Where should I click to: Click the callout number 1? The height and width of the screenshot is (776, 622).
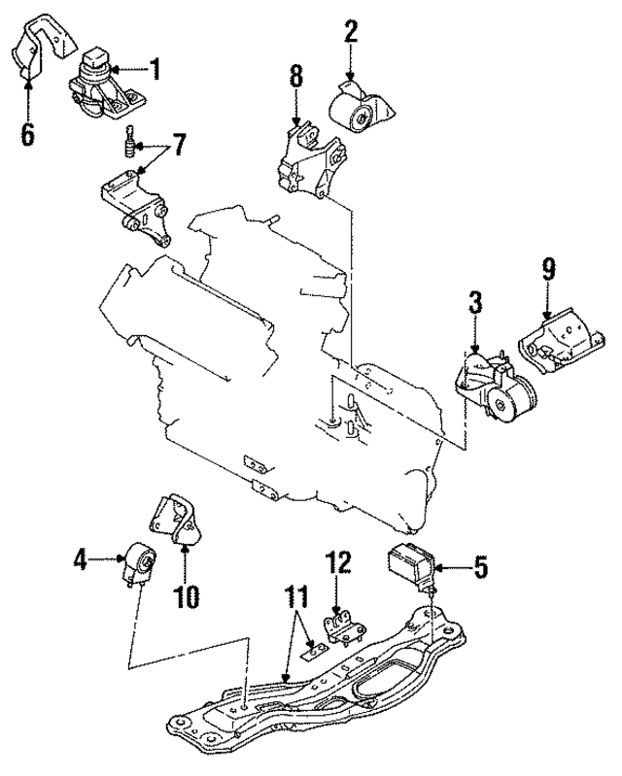pyautogui.click(x=155, y=69)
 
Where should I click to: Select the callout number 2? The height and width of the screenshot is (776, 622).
pyautogui.click(x=350, y=32)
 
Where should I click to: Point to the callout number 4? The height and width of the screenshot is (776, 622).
pyautogui.click(x=81, y=558)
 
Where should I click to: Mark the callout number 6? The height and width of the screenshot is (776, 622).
pyautogui.click(x=27, y=133)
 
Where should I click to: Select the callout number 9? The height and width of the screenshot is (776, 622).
pyautogui.click(x=549, y=269)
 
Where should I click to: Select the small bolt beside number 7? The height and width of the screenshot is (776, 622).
pyautogui.click(x=124, y=148)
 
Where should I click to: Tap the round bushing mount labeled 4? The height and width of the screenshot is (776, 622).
pyautogui.click(x=137, y=564)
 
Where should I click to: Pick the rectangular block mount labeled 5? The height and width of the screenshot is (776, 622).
pyautogui.click(x=410, y=564)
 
